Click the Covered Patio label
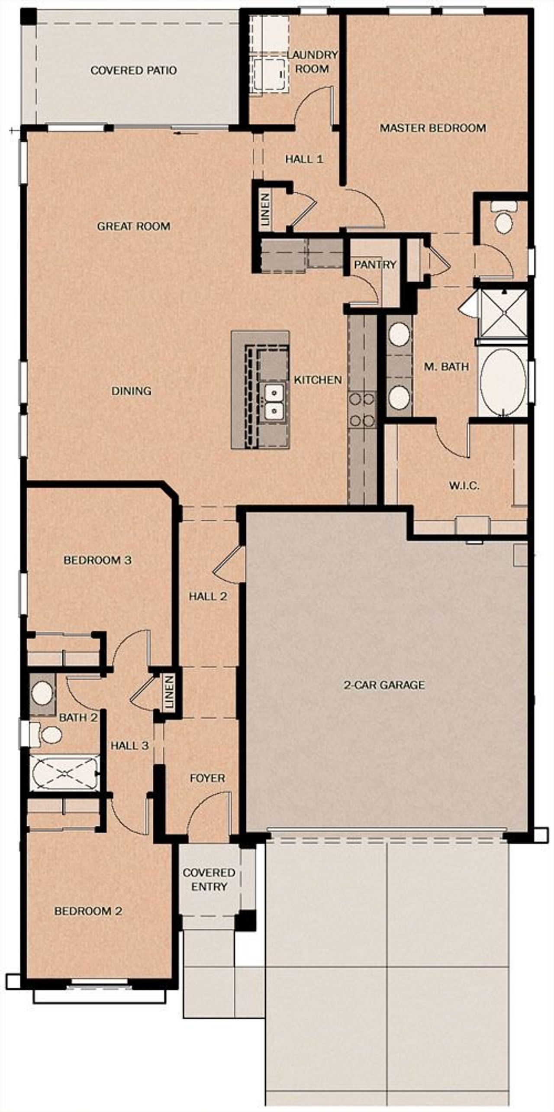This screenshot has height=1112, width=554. click(x=133, y=70)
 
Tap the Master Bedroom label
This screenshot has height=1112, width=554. click(x=432, y=128)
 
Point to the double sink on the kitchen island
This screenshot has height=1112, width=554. click(x=273, y=401)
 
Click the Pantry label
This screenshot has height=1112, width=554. click(x=375, y=264)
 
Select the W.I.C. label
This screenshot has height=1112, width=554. click(x=464, y=485)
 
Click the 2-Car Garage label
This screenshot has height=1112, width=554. click(x=384, y=685)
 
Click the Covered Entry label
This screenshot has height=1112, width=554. click(x=209, y=879)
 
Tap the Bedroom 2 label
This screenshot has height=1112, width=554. click(x=88, y=911)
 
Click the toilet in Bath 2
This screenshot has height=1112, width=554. click(x=48, y=735)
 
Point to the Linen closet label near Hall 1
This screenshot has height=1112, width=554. click(x=265, y=210)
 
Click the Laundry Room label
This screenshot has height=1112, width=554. click(x=312, y=61)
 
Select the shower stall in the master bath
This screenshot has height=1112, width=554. click(x=504, y=314)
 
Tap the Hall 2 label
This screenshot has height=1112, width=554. click(x=208, y=596)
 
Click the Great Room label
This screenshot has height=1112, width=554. click(x=133, y=226)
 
